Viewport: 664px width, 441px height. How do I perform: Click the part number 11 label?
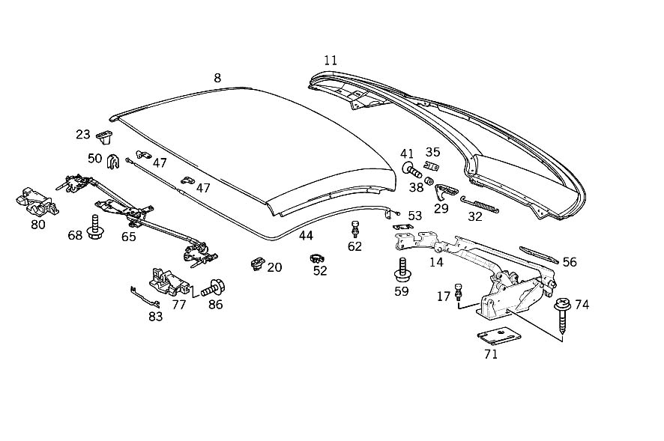coord(331,61)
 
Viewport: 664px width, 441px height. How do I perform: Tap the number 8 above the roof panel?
coord(217,78)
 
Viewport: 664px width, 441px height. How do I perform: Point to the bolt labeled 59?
coord(402,270)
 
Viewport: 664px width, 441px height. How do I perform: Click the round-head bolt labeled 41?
coord(411,170)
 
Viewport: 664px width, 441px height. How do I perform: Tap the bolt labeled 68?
coord(94,228)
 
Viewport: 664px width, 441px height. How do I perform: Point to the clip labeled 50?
coord(112,161)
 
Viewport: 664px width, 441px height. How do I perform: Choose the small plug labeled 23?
coord(104,137)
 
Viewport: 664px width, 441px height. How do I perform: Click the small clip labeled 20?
coord(257,264)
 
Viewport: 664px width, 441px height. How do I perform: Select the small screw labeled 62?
coord(355,228)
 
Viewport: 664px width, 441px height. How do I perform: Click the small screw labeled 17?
coord(458,291)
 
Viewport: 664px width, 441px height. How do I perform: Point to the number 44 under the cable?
coord(306,236)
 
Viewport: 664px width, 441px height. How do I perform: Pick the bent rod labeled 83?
coord(145,296)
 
